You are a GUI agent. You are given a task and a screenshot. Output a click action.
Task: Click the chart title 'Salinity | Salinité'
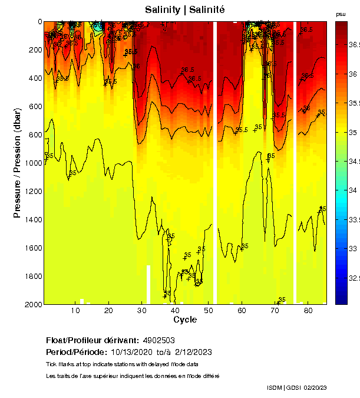(x=184, y=10)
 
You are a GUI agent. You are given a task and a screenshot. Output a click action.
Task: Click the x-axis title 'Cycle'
(x=185, y=320)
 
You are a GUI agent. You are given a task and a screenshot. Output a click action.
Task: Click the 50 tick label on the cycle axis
(x=208, y=311)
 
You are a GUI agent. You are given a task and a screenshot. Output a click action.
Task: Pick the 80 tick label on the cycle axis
(x=308, y=311)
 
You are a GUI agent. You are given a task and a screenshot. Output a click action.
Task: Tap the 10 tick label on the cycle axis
(x=75, y=311)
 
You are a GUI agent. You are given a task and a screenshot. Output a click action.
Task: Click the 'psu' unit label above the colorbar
(x=341, y=14)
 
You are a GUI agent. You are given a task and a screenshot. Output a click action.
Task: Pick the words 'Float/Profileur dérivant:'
(x=91, y=341)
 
